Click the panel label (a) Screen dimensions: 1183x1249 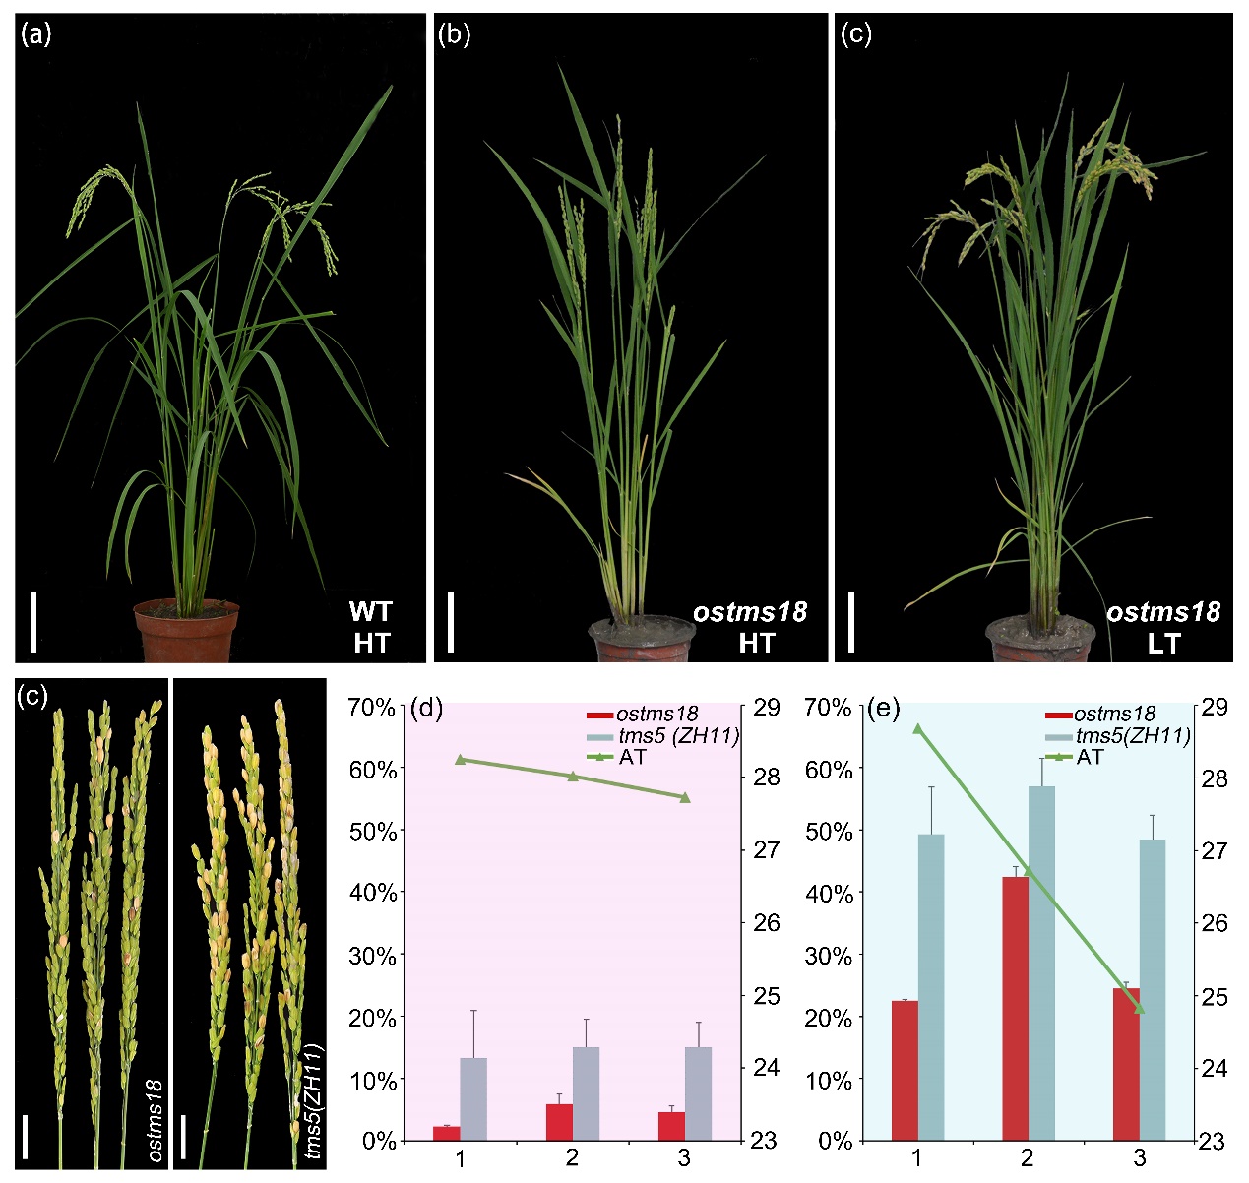click(x=35, y=36)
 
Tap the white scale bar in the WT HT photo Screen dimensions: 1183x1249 click(x=33, y=621)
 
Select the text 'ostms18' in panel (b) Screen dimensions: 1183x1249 click(x=750, y=612)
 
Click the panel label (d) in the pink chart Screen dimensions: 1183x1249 click(x=427, y=708)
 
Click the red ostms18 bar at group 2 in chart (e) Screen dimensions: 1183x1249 click(x=1016, y=1008)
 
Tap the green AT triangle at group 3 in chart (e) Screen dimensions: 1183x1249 click(x=1140, y=1008)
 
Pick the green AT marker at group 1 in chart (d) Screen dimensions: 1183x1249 click(x=460, y=759)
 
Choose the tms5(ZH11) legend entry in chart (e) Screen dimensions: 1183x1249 click(x=1132, y=736)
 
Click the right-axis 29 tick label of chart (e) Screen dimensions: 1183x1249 click(x=1215, y=707)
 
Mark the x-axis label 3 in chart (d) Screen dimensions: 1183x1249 click(x=684, y=1158)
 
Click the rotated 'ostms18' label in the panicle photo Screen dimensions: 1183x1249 click(x=156, y=1120)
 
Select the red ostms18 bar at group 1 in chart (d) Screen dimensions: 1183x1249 click(x=447, y=1133)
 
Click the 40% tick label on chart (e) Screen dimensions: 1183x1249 click(x=829, y=893)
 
